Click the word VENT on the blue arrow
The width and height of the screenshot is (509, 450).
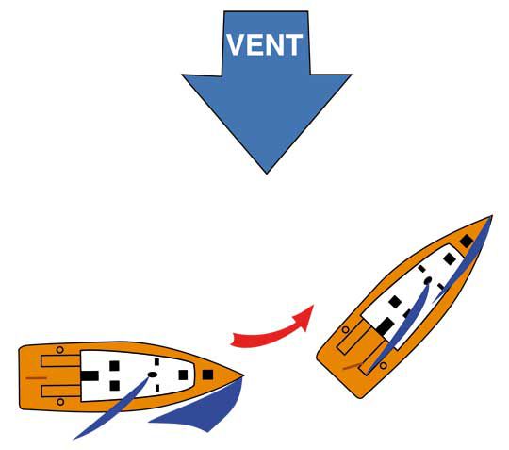pyautogui.click(x=264, y=45)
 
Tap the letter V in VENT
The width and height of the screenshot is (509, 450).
pyautogui.click(x=236, y=45)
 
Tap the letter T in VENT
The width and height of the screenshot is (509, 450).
pyautogui.click(x=294, y=45)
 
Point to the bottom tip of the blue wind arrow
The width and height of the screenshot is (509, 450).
pyautogui.click(x=267, y=174)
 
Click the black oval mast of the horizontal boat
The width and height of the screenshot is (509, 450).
pyautogui.click(x=153, y=375)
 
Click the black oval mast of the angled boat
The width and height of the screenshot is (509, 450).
pyautogui.click(x=428, y=280)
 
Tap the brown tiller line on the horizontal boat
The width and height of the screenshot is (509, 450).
pyautogui.click(x=36, y=378)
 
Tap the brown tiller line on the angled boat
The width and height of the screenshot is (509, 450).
pyautogui.click(x=353, y=366)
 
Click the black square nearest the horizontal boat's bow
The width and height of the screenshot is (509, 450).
pyautogui.click(x=207, y=375)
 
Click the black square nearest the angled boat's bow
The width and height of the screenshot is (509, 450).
pyautogui.click(x=467, y=242)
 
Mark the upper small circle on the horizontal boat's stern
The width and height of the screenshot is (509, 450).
pyautogui.click(x=59, y=350)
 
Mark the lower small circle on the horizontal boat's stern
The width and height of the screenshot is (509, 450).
pyautogui.click(x=60, y=402)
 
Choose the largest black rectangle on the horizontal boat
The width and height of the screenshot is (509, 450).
pyautogui.click(x=90, y=375)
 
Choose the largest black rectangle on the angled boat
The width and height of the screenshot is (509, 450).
pyautogui.click(x=386, y=326)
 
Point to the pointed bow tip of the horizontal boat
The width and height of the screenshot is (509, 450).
pyautogui.click(x=243, y=375)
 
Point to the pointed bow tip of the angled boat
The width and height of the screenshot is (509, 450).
pyautogui.click(x=492, y=216)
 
